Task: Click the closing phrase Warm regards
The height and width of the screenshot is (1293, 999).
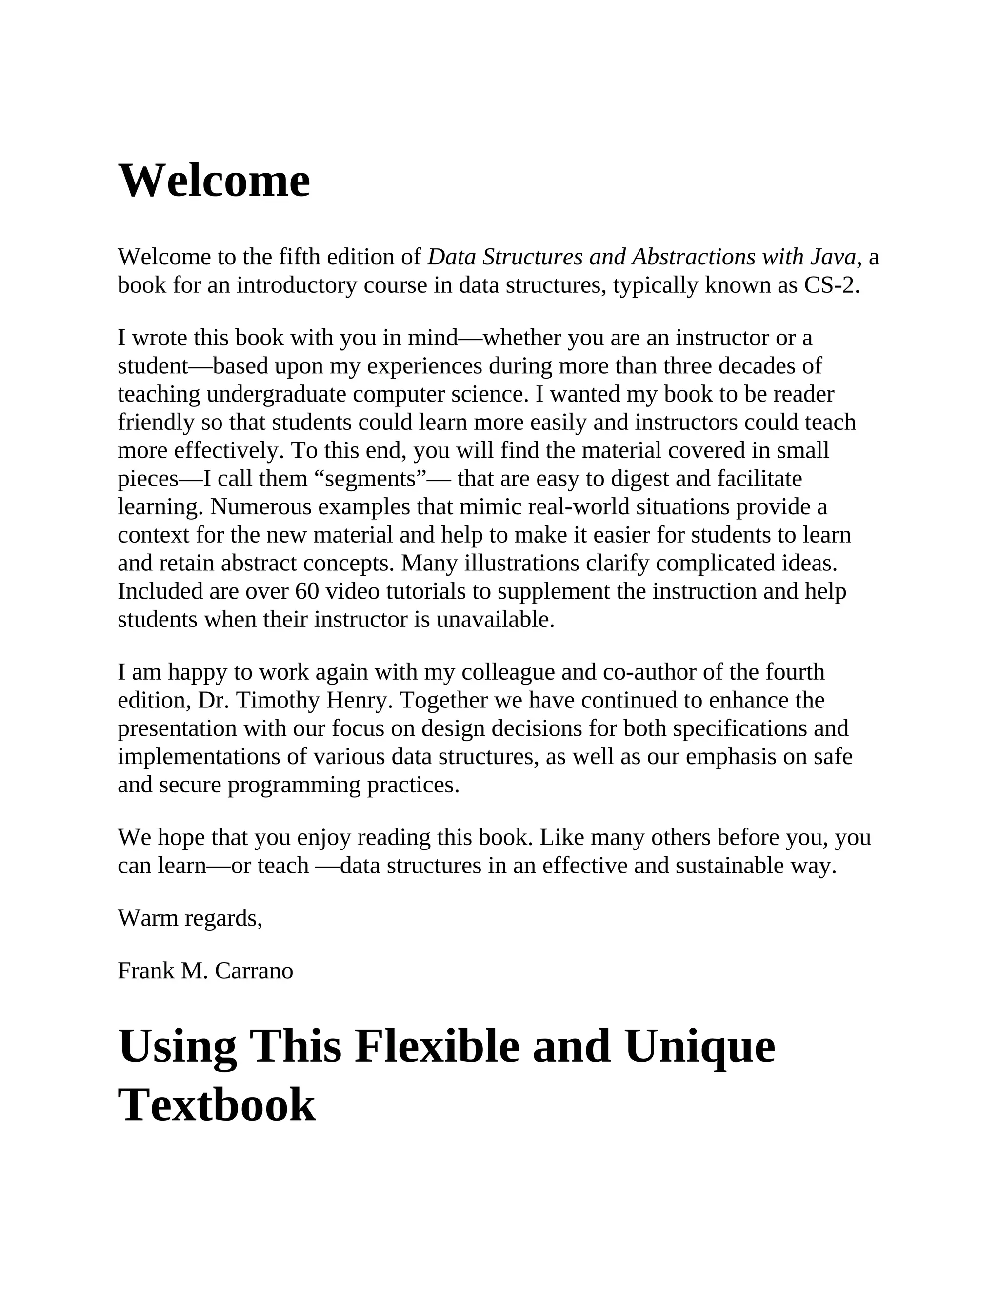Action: [x=189, y=918]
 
